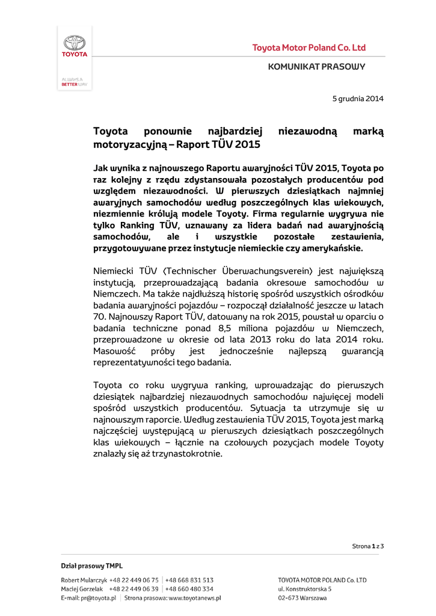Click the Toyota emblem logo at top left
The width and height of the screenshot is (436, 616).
coord(75,43)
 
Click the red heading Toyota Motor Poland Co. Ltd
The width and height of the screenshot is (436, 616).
coord(309,48)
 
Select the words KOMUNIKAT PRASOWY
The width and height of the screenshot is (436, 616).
coord(316,67)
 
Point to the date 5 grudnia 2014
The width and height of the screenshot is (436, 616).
coord(358,98)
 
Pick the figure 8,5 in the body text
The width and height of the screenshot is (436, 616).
coord(215,328)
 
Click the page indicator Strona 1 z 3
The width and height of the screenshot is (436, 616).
coord(367,546)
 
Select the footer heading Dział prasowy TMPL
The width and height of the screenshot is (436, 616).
coord(91,565)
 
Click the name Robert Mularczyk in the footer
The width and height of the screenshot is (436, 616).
coord(80,580)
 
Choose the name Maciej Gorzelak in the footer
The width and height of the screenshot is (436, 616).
coord(79,589)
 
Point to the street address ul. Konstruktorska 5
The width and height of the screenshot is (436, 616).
coord(305,589)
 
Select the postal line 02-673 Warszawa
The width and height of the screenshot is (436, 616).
coord(302,598)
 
